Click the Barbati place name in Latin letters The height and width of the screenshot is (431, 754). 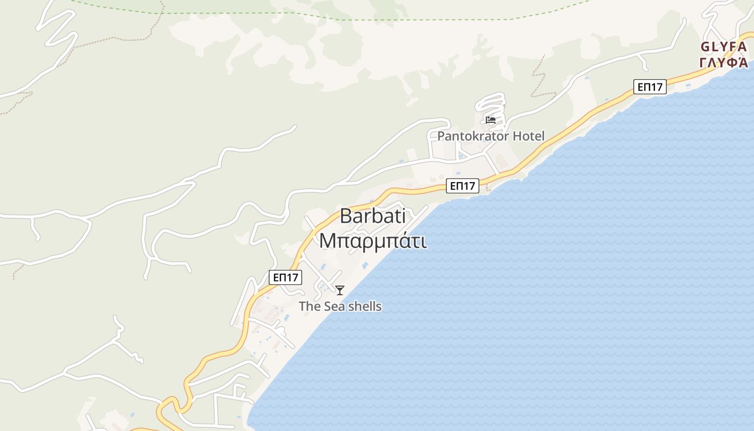click(x=372, y=217)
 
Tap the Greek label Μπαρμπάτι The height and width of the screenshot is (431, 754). click(x=373, y=241)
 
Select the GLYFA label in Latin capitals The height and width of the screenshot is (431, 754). click(x=723, y=47)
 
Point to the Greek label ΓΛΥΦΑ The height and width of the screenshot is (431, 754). click(x=723, y=62)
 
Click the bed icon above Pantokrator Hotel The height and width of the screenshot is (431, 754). click(x=490, y=120)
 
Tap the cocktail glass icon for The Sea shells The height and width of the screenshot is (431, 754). click(x=340, y=290)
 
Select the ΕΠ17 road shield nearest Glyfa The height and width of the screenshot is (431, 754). click(x=650, y=87)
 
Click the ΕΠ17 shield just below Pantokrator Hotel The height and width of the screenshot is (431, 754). click(x=463, y=186)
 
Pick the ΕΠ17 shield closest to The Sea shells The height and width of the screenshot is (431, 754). click(x=285, y=277)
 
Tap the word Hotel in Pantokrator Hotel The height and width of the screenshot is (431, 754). click(x=528, y=136)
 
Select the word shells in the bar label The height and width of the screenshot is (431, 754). click(x=364, y=307)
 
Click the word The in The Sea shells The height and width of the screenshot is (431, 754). click(x=310, y=307)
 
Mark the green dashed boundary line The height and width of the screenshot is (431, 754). click(x=377, y=19)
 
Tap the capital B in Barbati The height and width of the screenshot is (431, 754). click(x=346, y=217)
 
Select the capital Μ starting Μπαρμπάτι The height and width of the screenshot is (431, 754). click(x=328, y=241)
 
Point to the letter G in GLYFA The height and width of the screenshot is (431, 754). click(x=705, y=47)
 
